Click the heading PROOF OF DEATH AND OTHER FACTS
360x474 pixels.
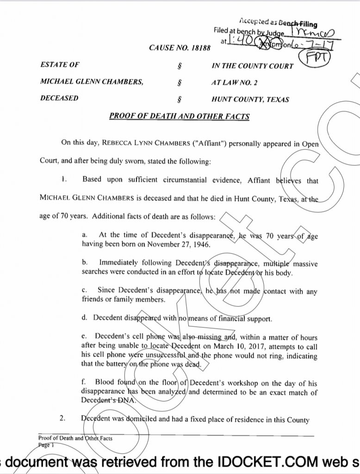[x=179, y=116]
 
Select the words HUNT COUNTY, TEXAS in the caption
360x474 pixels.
[x=250, y=99]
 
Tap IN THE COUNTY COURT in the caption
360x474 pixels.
[x=253, y=66]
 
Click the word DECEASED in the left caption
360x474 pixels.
[x=59, y=98]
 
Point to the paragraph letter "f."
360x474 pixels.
[x=84, y=383]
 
